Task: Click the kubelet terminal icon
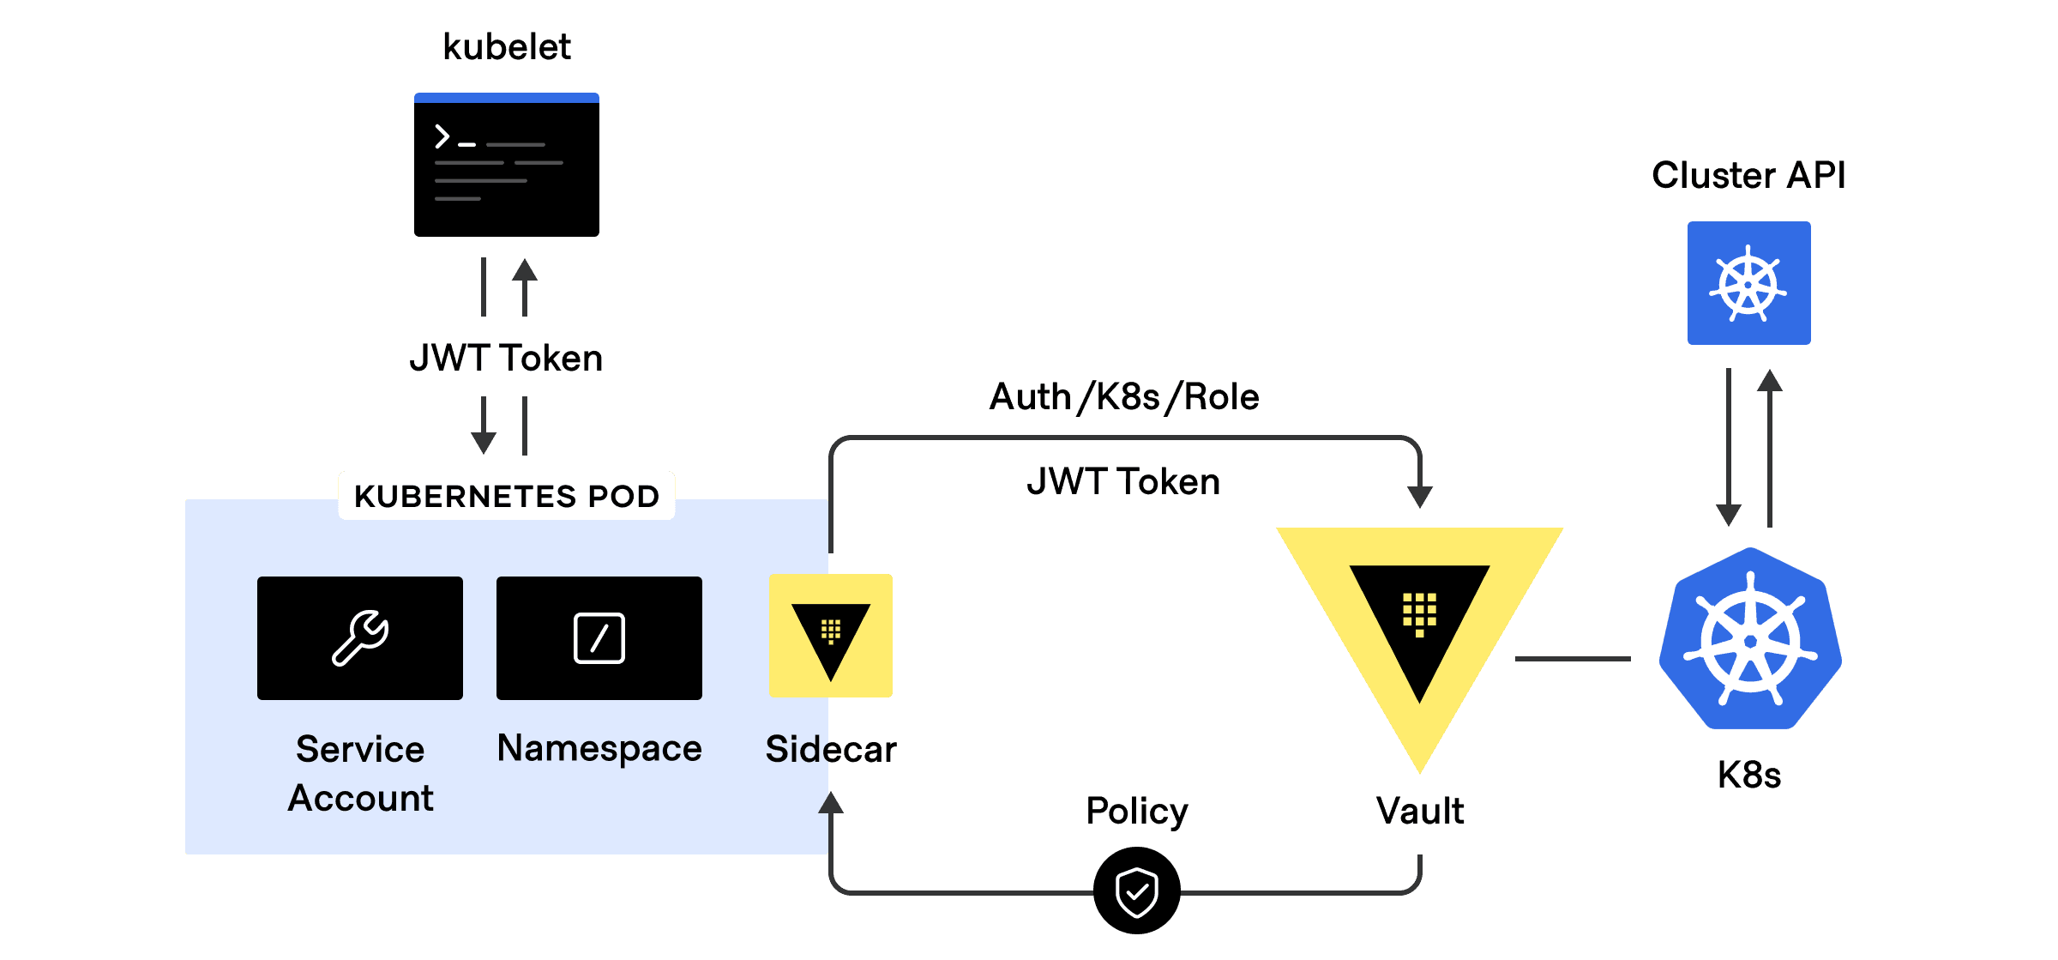[506, 165]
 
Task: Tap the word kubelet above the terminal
[506, 47]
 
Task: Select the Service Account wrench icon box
[360, 638]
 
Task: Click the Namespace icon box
[599, 638]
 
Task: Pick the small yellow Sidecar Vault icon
[831, 636]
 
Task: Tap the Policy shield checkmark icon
[1137, 891]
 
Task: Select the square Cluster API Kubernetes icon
[1748, 283]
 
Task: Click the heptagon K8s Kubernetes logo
[1750, 640]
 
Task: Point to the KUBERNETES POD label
[506, 496]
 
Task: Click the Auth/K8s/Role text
[1123, 397]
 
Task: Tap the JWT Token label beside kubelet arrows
[506, 358]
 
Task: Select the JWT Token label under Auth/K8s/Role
[1123, 481]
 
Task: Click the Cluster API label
[1748, 176]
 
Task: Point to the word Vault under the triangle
[1420, 811]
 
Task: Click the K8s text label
[1749, 775]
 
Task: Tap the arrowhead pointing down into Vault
[1420, 497]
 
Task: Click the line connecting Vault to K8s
[1573, 659]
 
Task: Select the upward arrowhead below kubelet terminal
[525, 270]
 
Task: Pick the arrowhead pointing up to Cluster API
[1770, 380]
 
